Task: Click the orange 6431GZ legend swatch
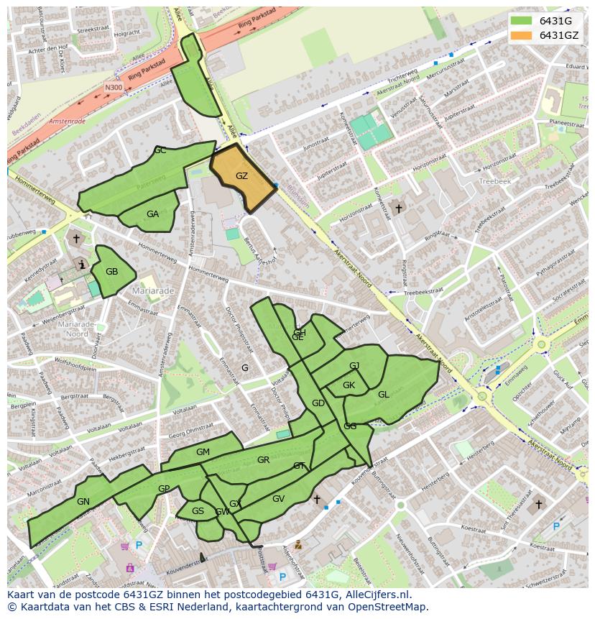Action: [522, 35]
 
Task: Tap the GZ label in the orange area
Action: [241, 176]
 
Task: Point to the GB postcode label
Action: [111, 272]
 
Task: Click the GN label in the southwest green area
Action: [83, 501]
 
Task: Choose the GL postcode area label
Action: [384, 395]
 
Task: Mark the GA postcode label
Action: [152, 214]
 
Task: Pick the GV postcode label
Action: [279, 498]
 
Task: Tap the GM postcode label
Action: [203, 452]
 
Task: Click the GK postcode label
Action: [349, 385]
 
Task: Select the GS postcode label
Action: [198, 511]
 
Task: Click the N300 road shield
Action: [114, 88]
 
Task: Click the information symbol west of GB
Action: [83, 265]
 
